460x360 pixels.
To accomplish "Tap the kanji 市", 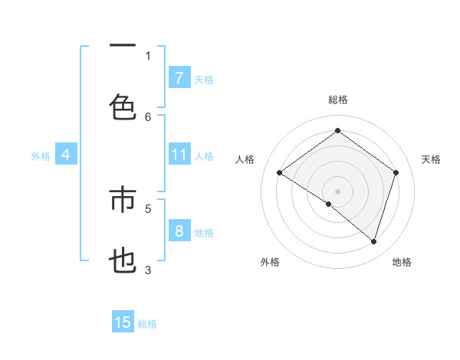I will (123, 201).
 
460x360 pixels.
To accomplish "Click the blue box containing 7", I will (179, 77).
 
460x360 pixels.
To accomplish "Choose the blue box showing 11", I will (179, 155).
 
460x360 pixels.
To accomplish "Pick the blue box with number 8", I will (179, 231).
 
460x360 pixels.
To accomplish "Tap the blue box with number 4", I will (65, 155).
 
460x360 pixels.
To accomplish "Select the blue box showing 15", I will (123, 322).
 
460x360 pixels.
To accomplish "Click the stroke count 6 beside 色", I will (148, 116).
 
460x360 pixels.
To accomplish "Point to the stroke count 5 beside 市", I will (148, 208).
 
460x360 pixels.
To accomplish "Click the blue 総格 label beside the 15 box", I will (147, 324).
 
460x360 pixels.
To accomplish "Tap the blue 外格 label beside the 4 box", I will (41, 156).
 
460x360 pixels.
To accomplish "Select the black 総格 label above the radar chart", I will (338, 100).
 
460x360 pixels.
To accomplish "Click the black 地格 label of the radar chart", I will (402, 262).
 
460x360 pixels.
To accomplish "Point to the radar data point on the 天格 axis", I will (396, 172).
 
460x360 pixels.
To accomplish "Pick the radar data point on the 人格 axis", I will (279, 172).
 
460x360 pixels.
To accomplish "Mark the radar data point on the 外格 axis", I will (329, 204).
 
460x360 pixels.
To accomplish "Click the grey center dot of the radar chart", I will (337, 191).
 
